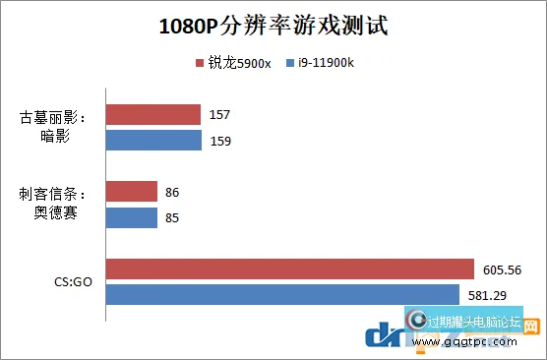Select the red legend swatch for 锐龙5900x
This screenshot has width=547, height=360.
(200, 63)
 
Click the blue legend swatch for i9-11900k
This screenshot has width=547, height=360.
(291, 63)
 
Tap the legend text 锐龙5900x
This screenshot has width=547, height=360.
(236, 63)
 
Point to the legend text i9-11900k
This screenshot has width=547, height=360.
(326, 63)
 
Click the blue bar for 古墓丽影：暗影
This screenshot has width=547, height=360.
(153, 141)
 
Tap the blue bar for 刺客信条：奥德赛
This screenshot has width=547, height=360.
(131, 216)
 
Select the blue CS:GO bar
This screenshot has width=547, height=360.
(282, 294)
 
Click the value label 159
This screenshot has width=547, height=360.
(220, 141)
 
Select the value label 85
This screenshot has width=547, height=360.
(172, 216)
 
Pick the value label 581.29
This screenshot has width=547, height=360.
(488, 294)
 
